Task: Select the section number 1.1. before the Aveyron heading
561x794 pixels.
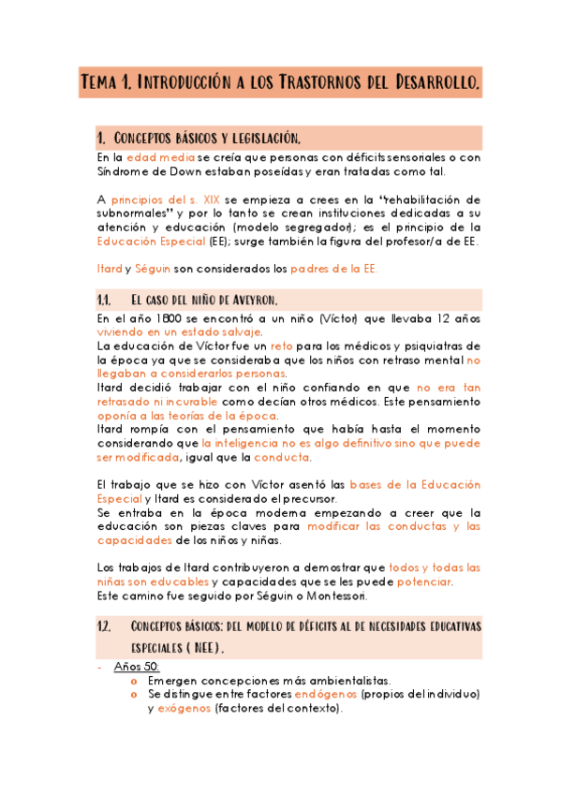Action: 105,301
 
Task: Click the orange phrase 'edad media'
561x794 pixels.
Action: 161,157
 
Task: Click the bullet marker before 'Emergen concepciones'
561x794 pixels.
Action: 134,681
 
